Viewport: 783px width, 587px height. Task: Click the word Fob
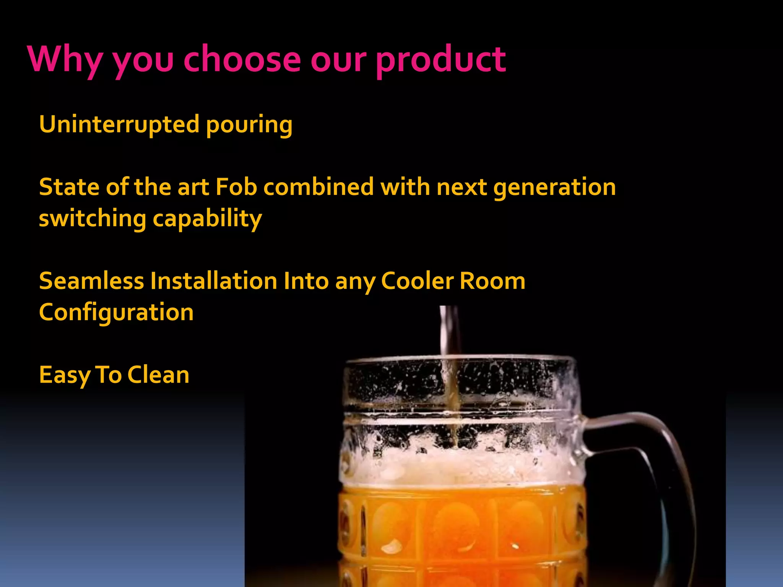tap(236, 187)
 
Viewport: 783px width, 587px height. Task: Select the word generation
tap(555, 188)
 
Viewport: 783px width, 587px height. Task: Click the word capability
tap(208, 219)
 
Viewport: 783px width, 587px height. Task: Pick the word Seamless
tap(91, 281)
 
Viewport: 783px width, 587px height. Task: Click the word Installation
tap(214, 281)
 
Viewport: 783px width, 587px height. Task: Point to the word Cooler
tap(417, 281)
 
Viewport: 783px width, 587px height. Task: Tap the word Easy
tap(64, 375)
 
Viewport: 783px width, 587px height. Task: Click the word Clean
tap(158, 375)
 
